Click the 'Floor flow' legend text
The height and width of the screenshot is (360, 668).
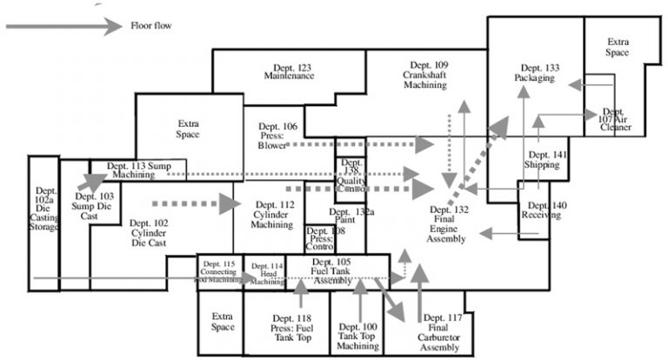point(150,26)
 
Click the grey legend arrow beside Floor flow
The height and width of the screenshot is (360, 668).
point(62,26)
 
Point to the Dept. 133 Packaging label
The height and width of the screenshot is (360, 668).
point(534,73)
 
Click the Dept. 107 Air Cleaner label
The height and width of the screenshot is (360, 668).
point(615,120)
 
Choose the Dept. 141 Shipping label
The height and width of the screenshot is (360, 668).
point(546,159)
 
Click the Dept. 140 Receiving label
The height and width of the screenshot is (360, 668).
point(544,210)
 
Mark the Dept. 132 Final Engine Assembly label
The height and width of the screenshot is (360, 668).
point(449,224)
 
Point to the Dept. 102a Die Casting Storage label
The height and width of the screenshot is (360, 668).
point(45,209)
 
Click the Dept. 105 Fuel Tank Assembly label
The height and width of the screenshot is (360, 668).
point(331,270)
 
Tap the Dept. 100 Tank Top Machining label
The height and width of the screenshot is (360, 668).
point(357,337)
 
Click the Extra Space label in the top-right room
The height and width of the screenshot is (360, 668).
point(618,47)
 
